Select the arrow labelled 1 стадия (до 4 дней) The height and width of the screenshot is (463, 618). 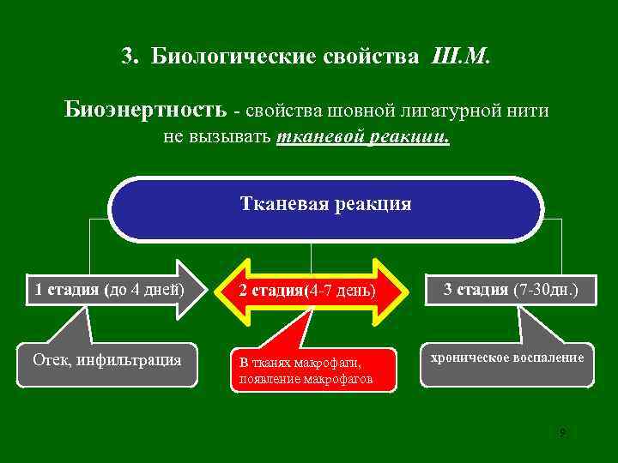[110, 289]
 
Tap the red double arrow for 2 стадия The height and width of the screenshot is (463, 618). [307, 291]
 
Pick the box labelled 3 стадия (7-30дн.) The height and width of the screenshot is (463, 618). [510, 290]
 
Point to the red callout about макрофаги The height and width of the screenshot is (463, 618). [312, 370]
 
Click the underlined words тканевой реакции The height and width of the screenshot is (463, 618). [363, 137]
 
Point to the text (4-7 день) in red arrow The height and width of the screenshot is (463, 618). [341, 291]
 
